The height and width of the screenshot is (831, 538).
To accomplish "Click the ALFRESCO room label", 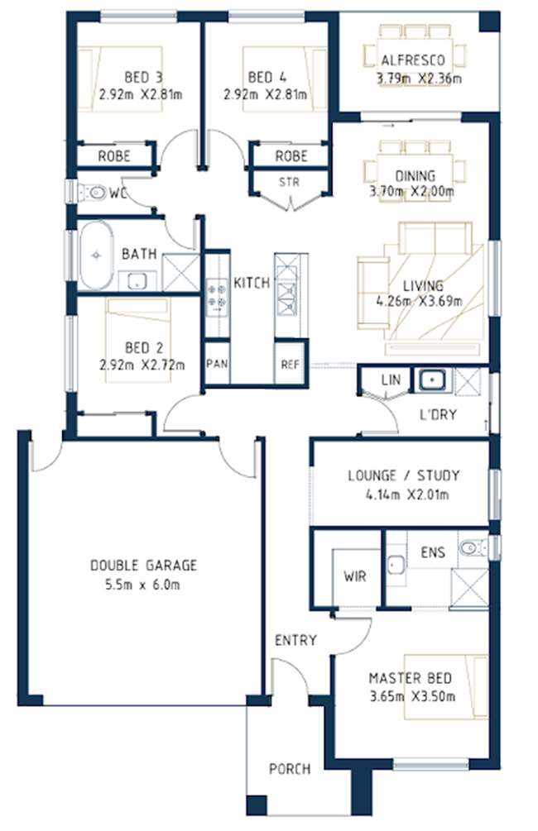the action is (x=413, y=60).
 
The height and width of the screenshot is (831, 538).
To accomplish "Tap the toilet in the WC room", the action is (x=93, y=192).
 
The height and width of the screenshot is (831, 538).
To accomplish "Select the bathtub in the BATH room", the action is (x=96, y=255).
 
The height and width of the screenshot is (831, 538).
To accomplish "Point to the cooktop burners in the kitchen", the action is (x=217, y=296).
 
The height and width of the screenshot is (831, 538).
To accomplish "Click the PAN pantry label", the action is (x=217, y=364).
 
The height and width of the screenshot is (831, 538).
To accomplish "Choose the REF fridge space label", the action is (x=291, y=365).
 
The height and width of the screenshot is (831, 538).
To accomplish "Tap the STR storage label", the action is (x=289, y=182).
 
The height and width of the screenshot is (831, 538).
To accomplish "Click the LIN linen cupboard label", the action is (x=391, y=380).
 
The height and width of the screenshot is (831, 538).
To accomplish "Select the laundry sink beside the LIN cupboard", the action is (x=433, y=380).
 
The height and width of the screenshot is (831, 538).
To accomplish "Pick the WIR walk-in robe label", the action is (x=354, y=575).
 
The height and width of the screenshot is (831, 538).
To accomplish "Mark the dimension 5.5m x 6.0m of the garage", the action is (x=142, y=585).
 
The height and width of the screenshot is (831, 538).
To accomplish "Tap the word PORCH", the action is (x=290, y=768).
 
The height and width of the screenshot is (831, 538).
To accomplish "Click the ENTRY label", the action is (x=295, y=640).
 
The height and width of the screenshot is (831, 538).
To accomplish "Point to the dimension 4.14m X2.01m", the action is (x=407, y=494).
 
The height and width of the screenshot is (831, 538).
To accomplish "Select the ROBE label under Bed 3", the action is (x=114, y=155).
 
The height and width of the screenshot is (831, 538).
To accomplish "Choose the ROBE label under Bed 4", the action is (x=291, y=155).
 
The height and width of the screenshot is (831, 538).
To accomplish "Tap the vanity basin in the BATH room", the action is (x=137, y=281).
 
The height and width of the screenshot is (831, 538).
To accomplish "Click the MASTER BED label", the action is (x=411, y=678).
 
